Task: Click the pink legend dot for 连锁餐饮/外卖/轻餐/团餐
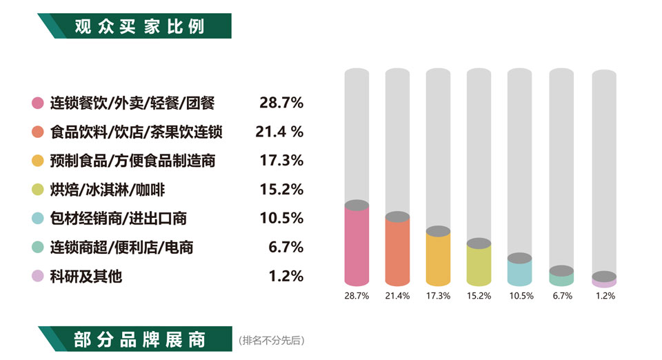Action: [38, 103]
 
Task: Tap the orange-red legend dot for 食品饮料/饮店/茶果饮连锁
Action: [38, 132]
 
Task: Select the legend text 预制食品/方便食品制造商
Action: [133, 161]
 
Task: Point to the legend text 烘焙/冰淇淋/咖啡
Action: [108, 190]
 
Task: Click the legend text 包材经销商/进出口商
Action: [119, 219]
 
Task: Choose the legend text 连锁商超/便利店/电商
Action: [122, 248]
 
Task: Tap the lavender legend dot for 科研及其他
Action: [38, 277]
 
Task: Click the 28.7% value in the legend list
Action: [281, 103]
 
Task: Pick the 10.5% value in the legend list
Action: [281, 219]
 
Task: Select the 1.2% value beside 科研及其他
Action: [285, 277]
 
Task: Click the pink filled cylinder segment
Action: [357, 247]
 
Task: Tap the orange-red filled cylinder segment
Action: [397, 252]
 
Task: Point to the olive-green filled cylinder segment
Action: [479, 266]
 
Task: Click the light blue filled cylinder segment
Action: [519, 273]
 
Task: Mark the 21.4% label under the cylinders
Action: [397, 296]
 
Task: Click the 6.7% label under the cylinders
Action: [561, 296]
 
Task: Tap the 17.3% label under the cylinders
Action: [438, 296]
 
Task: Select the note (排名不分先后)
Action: [271, 341]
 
